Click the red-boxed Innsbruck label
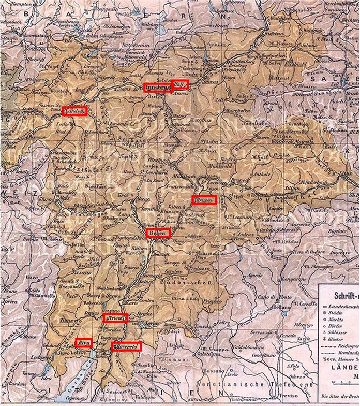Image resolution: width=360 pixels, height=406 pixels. point(158,86)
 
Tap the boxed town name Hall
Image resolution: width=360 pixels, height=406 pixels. point(180,84)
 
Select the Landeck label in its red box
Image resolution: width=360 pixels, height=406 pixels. point(74,110)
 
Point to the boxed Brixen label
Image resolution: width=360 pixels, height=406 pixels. point(204,200)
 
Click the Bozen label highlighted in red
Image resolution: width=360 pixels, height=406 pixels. point(157,233)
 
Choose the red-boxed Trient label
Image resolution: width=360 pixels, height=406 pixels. point(115,318)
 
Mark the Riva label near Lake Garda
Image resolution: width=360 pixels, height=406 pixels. point(83,343)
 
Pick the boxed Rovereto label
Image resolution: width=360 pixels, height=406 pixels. point(126,346)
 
